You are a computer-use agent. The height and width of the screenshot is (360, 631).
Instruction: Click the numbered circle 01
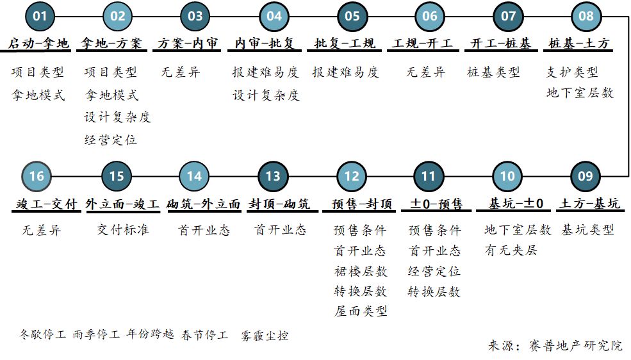[x=40, y=16]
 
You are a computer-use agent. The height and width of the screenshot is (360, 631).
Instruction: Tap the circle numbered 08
[x=586, y=16]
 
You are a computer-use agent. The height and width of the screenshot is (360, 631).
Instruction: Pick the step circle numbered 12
[x=352, y=177]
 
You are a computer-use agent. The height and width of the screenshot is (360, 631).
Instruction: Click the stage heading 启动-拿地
[x=39, y=44]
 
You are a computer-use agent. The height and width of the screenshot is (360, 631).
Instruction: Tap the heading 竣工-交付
[x=47, y=204]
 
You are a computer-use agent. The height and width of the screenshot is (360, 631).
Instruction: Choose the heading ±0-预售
[x=436, y=204]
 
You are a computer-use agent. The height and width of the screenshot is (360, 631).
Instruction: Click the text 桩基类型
[x=493, y=72]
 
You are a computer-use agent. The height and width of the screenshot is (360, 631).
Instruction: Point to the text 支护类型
[x=572, y=72]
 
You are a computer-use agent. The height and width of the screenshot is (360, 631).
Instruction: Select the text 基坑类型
[x=587, y=229]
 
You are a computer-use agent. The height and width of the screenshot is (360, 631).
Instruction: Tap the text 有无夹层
[x=511, y=250]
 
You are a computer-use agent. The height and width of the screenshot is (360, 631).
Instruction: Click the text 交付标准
[x=123, y=229]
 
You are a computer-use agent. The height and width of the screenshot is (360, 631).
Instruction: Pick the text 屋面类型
[x=361, y=311]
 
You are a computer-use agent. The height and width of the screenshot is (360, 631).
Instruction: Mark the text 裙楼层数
[x=361, y=271]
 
